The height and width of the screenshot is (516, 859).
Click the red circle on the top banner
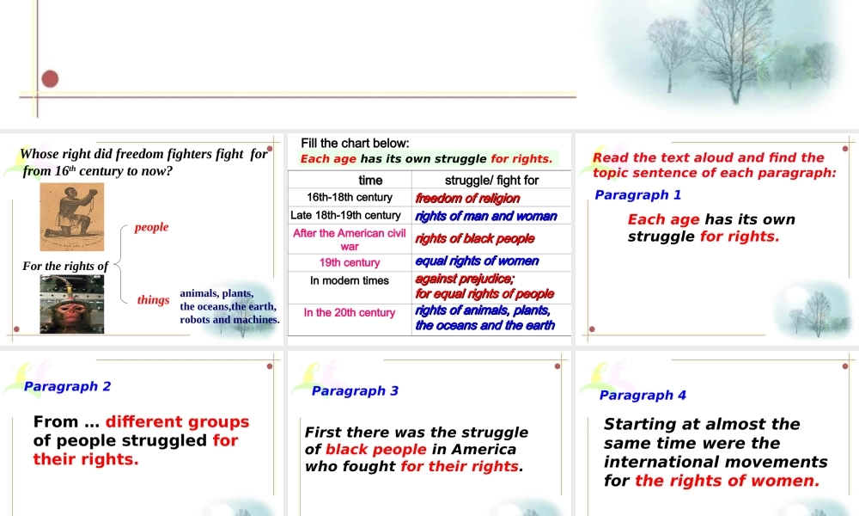click(x=50, y=79)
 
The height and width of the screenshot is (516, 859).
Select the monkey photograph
click(x=71, y=304)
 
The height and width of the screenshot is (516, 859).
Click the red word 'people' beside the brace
click(x=151, y=227)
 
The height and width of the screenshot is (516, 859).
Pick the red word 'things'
click(x=153, y=300)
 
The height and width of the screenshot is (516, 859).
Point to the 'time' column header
click(x=370, y=181)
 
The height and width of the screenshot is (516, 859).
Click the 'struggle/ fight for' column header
click(x=491, y=181)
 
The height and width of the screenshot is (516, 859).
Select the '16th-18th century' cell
click(x=350, y=198)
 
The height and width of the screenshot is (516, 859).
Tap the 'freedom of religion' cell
click(x=467, y=199)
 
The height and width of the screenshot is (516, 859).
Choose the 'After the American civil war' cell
click(x=350, y=239)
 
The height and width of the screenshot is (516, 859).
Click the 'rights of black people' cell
click(x=474, y=239)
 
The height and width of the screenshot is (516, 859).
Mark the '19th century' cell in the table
click(x=350, y=262)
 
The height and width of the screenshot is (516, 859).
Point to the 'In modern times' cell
click(x=350, y=280)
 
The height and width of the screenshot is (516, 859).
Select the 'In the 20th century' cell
click(x=350, y=312)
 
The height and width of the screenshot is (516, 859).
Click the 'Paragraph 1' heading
click(x=637, y=195)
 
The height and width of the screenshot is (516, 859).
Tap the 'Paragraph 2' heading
click(x=67, y=386)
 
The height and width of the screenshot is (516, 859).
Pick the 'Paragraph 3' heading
click(x=355, y=390)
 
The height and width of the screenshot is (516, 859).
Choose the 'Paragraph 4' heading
click(x=643, y=395)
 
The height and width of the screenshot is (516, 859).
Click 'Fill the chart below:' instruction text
click(x=355, y=143)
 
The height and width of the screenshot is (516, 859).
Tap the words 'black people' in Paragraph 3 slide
click(x=375, y=449)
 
